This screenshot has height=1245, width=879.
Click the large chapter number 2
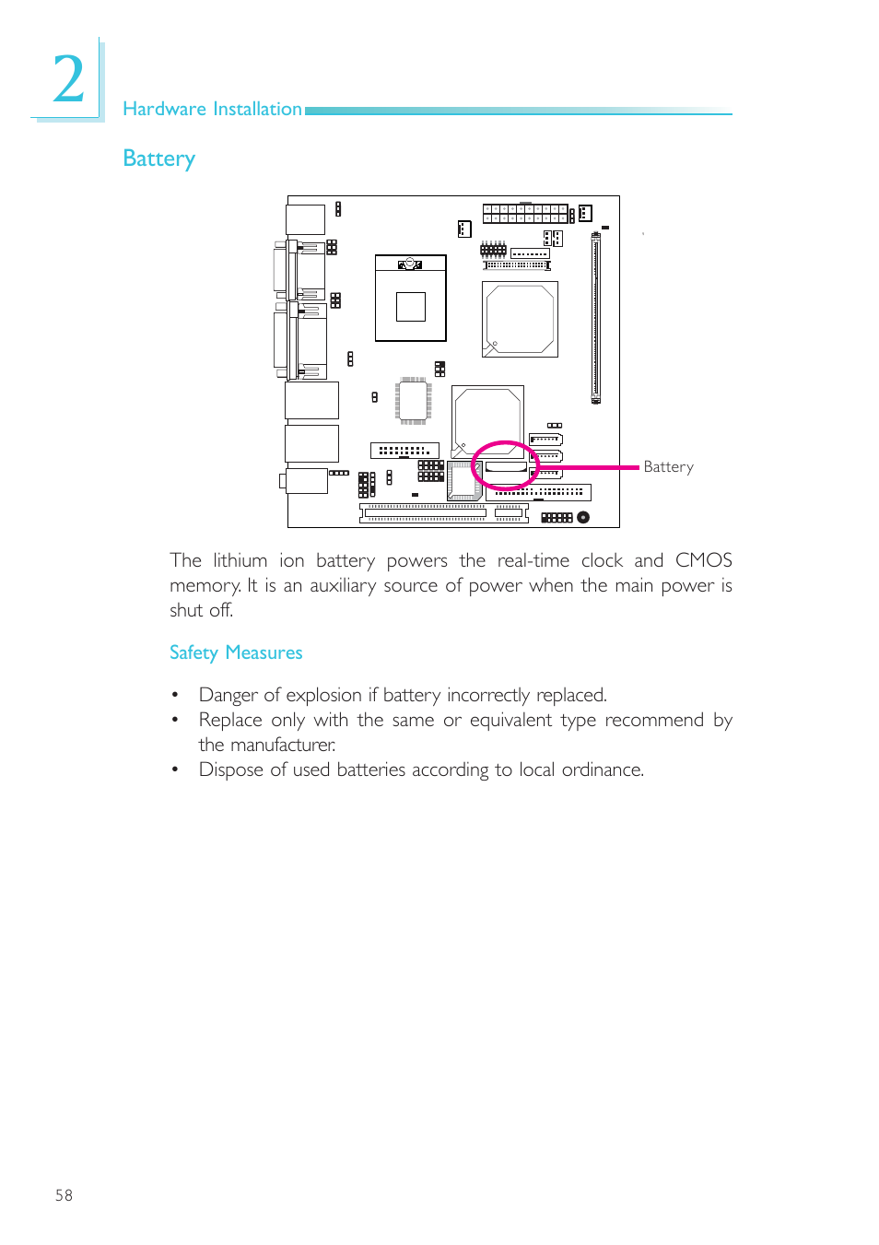point(68,79)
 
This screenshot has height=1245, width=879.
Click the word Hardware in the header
point(164,109)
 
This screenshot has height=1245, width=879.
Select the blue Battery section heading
point(158,159)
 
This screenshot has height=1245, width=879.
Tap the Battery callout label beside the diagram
point(668,467)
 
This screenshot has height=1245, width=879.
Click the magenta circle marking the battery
point(504,465)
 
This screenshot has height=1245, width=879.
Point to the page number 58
point(64,1195)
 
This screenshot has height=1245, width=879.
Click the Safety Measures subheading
point(236,652)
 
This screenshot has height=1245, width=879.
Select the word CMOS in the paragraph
point(703,560)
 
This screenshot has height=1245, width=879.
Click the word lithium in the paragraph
point(240,560)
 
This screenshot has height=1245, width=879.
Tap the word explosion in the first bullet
point(323,695)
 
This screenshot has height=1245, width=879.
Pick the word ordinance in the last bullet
point(602,769)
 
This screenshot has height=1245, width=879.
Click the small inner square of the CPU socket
point(411,306)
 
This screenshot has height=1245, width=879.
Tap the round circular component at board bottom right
point(583,517)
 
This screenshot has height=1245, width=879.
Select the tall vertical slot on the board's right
point(596,318)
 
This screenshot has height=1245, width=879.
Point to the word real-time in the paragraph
point(533,560)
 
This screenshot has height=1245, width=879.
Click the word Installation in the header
point(257,109)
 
